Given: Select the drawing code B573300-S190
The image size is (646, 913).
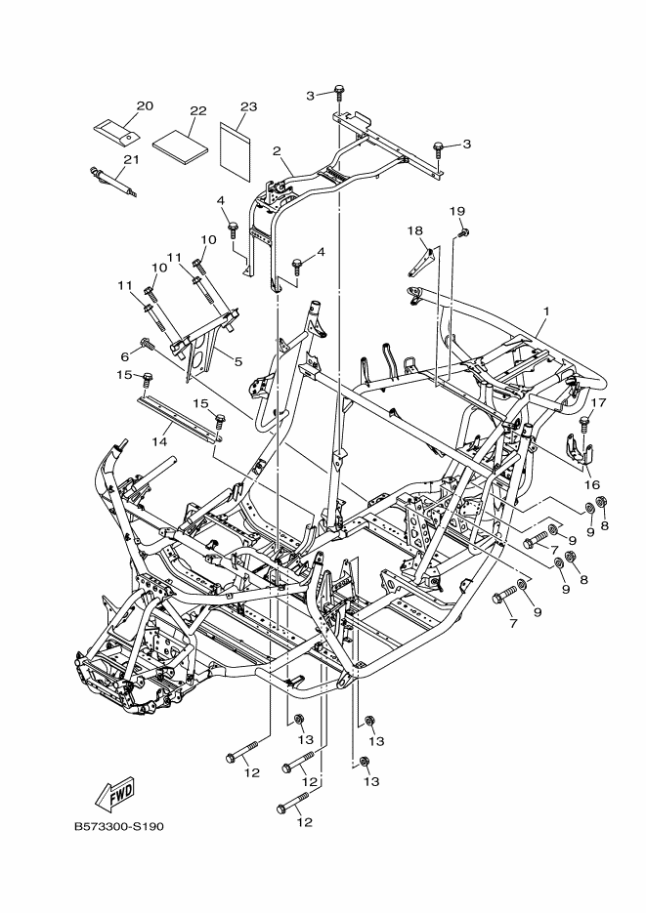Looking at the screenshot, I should pos(118,826).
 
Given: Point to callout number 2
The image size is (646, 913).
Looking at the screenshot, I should pos(278,151).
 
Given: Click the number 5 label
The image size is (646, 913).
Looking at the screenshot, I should pos(237,361).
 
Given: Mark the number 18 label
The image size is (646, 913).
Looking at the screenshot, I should pos(415,231).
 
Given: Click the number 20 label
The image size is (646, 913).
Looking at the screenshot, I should pos(145,105).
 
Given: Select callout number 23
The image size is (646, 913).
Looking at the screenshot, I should pos(248,105).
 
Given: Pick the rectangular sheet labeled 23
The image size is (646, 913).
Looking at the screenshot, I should pos(236,145).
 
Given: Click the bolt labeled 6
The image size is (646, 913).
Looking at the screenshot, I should pos(147,344).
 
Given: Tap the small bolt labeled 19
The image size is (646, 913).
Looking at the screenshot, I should pos(464,231).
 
